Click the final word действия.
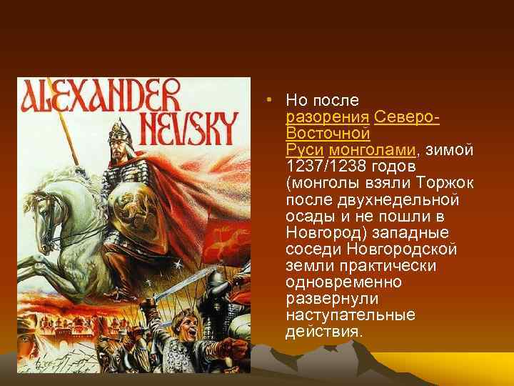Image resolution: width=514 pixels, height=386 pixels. (x=323, y=332)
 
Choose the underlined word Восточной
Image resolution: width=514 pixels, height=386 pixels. (x=327, y=133)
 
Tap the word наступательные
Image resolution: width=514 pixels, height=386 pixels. (x=344, y=315)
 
